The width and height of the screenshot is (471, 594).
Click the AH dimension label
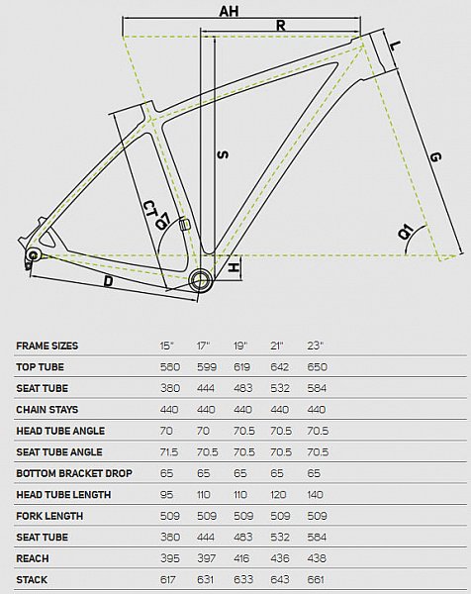pos(229,11)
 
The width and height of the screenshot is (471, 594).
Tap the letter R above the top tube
pos(281,25)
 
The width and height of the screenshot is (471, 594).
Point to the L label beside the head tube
pos(395,46)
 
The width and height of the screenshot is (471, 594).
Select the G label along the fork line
pos(435,156)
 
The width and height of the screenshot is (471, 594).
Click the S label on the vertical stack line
pos(223,155)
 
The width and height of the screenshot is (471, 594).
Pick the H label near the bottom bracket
pos(234,268)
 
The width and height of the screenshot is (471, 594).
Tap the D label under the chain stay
pos(108,281)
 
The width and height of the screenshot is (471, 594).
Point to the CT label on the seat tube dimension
pos(150,208)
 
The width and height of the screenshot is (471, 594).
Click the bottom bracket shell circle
pos(200,280)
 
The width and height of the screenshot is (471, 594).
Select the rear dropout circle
pos(34,254)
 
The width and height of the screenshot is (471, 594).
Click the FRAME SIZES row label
pos(47,346)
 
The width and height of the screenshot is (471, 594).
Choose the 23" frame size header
pos(316,346)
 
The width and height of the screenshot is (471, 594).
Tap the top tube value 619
pos(242,366)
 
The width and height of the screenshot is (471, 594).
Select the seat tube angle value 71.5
pos(169,452)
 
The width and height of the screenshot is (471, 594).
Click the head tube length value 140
pos(315,494)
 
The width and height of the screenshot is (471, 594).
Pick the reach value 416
pos(241,558)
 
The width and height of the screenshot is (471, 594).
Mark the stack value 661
pos(317,579)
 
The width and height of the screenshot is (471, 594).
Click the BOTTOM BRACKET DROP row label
pos(74,473)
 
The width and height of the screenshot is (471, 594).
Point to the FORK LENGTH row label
pos(49,516)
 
